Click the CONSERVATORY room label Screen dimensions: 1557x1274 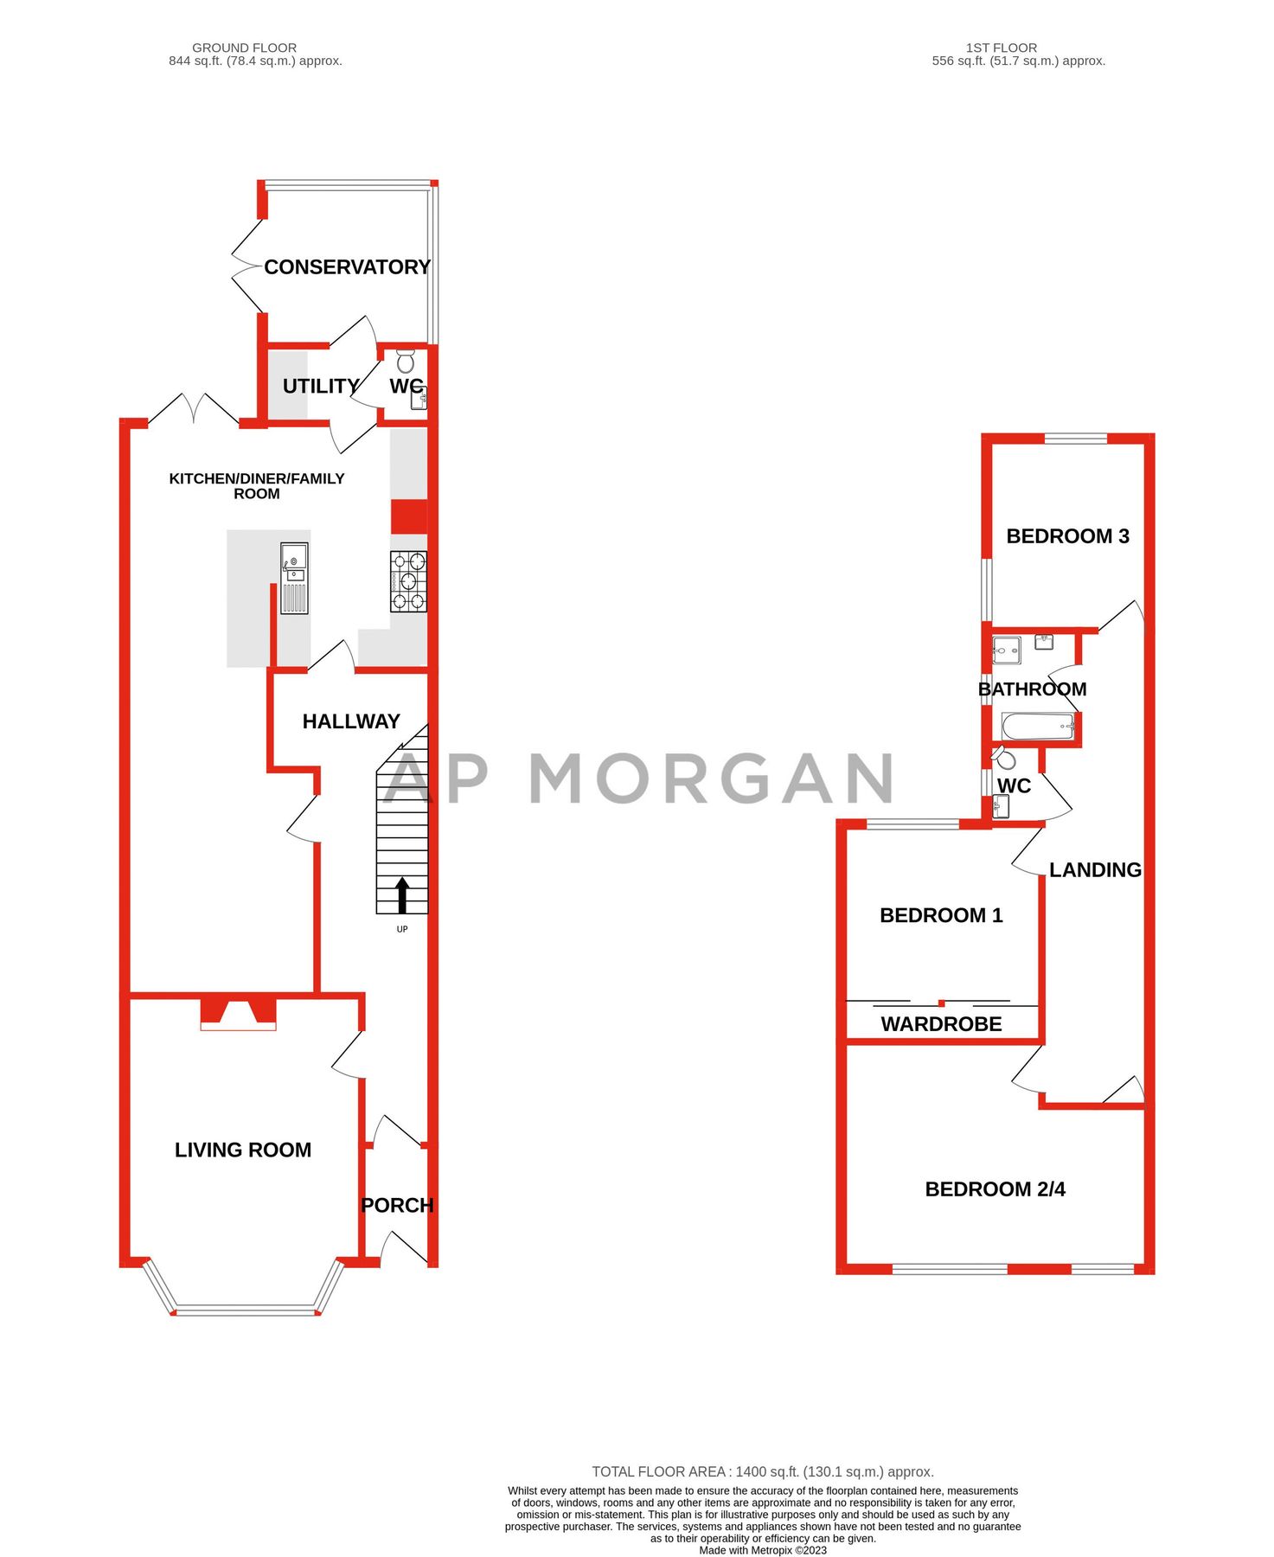pyautogui.click(x=347, y=267)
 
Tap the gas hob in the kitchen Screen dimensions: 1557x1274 pyautogui.click(x=408, y=581)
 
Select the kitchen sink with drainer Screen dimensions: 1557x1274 pyautogui.click(x=294, y=578)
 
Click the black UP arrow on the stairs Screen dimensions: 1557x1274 pyautogui.click(x=402, y=894)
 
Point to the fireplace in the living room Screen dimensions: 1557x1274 pyautogui.click(x=238, y=1013)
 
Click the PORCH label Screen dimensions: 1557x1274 pyautogui.click(x=397, y=1205)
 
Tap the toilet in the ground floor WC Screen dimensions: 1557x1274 pyautogui.click(x=406, y=360)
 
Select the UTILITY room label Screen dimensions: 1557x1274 pyautogui.click(x=321, y=386)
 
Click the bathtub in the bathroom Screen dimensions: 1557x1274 pyautogui.click(x=1037, y=727)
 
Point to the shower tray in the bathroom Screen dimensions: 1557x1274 pyautogui.click(x=1006, y=650)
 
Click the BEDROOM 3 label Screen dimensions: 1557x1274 pyautogui.click(x=1067, y=536)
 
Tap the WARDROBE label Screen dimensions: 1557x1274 pyautogui.click(x=941, y=1024)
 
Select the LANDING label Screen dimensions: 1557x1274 pyautogui.click(x=1095, y=870)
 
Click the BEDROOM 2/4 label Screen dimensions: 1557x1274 pyautogui.click(x=995, y=1189)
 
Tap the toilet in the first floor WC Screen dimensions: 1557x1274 pyautogui.click(x=1004, y=759)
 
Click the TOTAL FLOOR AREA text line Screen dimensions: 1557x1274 pyautogui.click(x=762, y=1471)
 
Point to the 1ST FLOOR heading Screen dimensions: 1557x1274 pyautogui.click(x=1001, y=48)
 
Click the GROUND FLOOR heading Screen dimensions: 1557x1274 pyautogui.click(x=244, y=48)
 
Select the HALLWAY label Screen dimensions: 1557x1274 pyautogui.click(x=351, y=721)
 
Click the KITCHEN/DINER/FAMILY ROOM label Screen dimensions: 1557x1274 pyautogui.click(x=256, y=486)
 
